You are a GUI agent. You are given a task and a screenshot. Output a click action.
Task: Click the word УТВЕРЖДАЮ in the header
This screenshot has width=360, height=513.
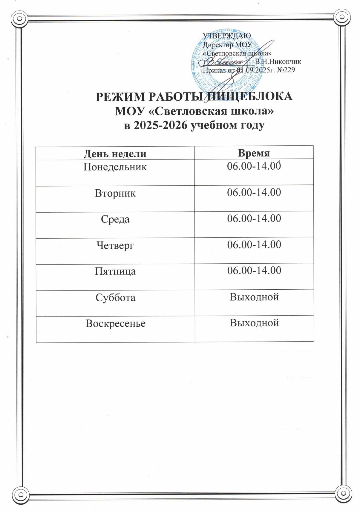coord(227,36)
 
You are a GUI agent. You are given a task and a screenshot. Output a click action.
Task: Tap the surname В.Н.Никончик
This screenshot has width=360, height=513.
coord(278,62)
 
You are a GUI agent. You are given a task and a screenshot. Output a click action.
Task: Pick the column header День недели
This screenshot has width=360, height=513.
coord(115,153)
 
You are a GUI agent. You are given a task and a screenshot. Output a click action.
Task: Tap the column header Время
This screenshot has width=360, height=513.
coord(254,153)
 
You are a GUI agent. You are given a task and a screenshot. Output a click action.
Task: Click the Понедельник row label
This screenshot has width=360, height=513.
coord(115,167)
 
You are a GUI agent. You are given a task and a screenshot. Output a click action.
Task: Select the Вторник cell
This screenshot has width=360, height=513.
coord(115,193)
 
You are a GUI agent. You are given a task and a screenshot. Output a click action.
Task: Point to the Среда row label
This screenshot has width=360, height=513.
coord(115,219)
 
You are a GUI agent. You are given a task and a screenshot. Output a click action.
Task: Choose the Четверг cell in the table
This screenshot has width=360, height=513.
coord(115,245)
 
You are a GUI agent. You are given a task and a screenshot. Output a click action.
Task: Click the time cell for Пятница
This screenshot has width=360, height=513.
coord(254,271)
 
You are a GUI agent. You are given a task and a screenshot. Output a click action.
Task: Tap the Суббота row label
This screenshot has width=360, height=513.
coord(115,297)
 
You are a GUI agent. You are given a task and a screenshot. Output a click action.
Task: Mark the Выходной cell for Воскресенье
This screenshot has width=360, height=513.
coord(254,323)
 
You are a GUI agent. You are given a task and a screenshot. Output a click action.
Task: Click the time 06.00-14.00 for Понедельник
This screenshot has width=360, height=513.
coord(254,166)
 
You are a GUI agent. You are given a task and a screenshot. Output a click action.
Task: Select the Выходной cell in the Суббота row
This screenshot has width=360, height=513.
coord(254,297)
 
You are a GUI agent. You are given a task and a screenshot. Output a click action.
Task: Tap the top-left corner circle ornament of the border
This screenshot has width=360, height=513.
coord(19,19)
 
